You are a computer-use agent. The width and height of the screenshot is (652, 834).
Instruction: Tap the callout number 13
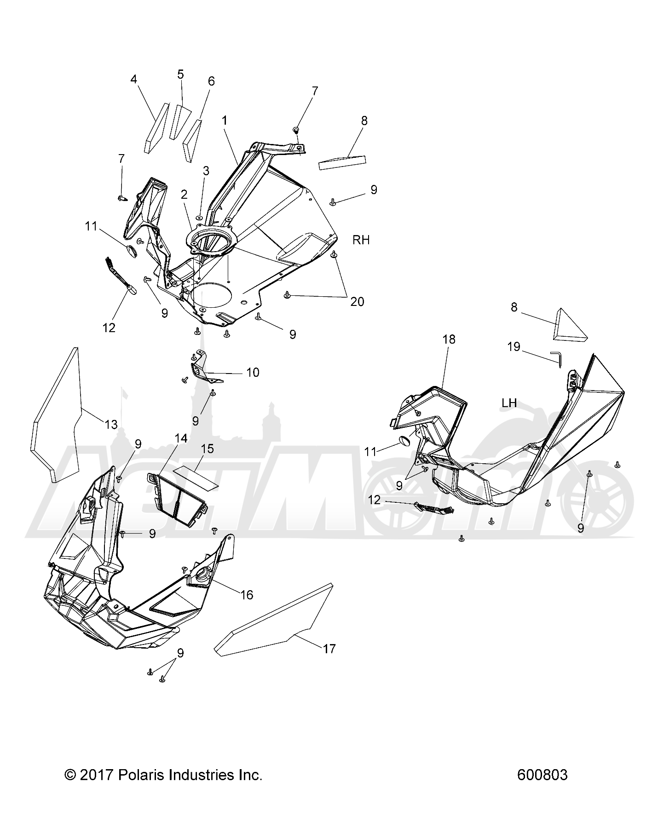click(111, 424)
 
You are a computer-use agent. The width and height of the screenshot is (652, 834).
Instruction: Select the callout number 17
click(329, 649)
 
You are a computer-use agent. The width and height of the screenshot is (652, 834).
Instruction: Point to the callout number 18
click(449, 339)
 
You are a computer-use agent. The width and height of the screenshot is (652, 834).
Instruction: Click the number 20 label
click(357, 302)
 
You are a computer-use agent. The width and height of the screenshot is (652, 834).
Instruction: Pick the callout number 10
click(253, 372)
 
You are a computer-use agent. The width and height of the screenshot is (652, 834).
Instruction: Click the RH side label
click(361, 240)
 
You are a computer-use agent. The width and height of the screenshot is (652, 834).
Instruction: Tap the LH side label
click(509, 403)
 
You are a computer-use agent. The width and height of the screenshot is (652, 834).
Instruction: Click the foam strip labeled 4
click(156, 127)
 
